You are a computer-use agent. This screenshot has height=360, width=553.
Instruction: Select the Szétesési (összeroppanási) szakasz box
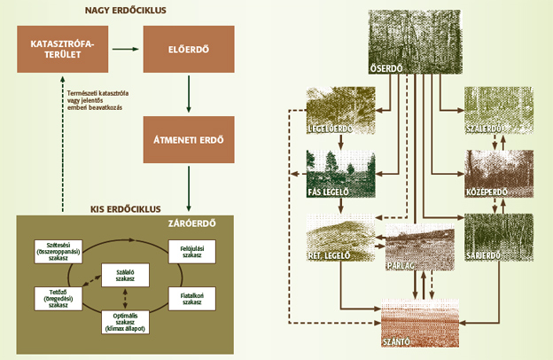tap(58, 249)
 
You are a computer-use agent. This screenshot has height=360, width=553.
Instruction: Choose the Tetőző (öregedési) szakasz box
tap(58, 295)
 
